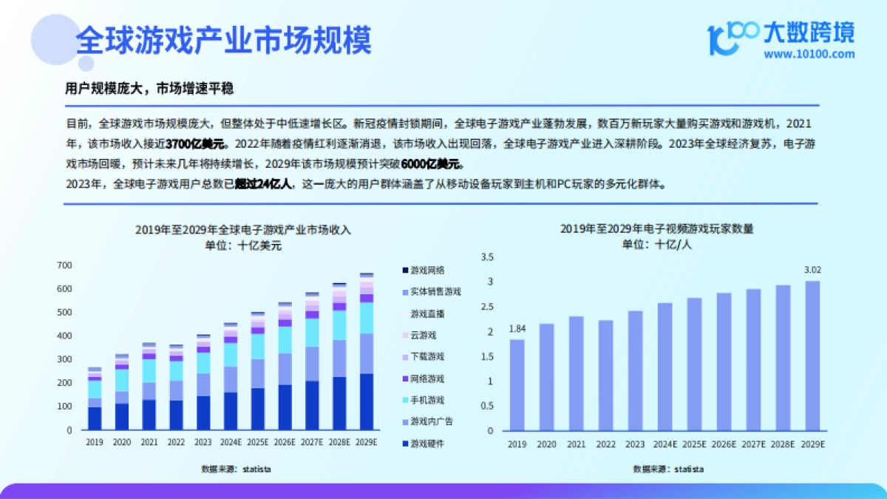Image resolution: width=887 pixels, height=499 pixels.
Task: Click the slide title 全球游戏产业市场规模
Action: click(223, 41)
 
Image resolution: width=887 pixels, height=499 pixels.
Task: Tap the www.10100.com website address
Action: click(809, 54)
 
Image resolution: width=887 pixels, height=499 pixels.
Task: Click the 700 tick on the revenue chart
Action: click(65, 265)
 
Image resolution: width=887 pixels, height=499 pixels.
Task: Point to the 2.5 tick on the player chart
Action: click(486, 307)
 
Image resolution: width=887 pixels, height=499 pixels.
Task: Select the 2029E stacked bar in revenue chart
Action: click(367, 351)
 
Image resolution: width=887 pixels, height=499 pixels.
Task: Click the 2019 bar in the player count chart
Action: click(517, 384)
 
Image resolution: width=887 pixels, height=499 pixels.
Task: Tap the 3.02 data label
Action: click(812, 270)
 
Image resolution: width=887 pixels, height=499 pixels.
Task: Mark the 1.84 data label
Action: click(517, 328)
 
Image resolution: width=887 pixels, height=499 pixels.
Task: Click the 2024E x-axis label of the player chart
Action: click(665, 444)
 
